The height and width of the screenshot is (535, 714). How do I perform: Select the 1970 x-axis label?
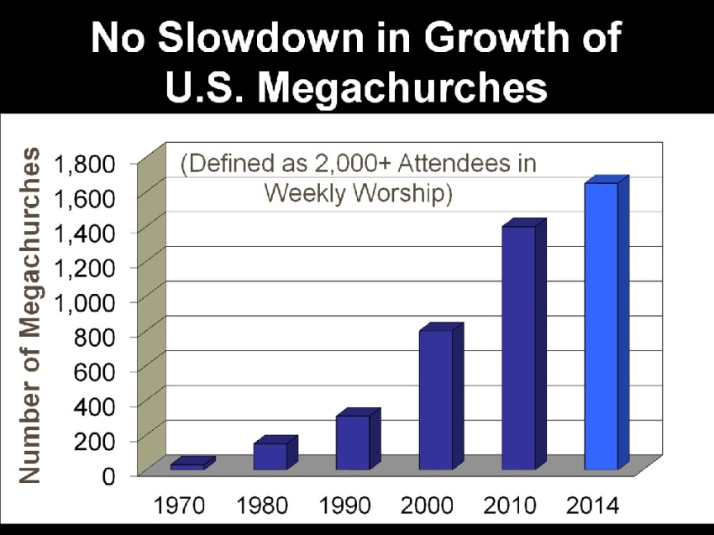point(179,506)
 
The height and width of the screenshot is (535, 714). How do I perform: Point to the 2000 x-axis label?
point(427,506)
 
